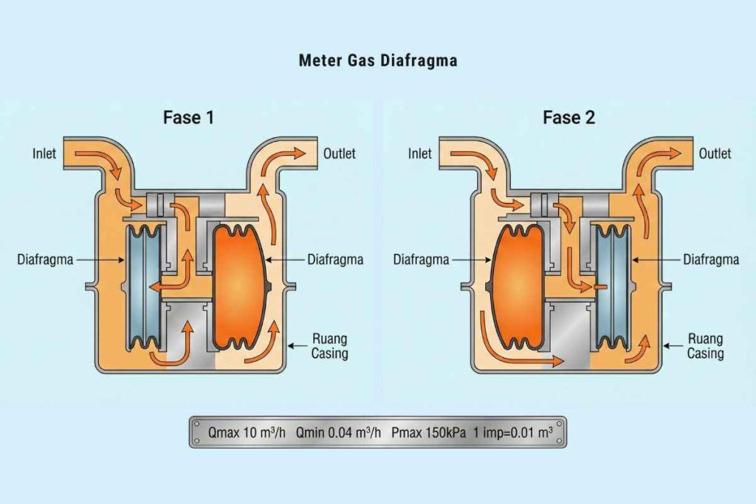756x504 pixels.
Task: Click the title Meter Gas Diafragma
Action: click(x=377, y=61)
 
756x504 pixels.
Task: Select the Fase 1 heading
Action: click(x=189, y=117)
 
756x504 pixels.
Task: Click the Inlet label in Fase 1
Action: click(x=44, y=154)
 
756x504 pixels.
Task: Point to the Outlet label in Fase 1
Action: click(x=340, y=153)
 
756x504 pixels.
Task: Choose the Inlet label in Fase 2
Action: click(x=419, y=153)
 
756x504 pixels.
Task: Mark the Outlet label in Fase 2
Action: click(x=715, y=153)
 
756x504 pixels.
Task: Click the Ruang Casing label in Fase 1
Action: click(x=329, y=346)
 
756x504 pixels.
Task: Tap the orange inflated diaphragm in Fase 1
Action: click(x=238, y=287)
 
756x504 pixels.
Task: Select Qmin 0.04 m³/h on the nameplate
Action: click(x=339, y=432)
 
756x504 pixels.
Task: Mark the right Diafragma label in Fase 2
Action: click(x=711, y=260)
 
